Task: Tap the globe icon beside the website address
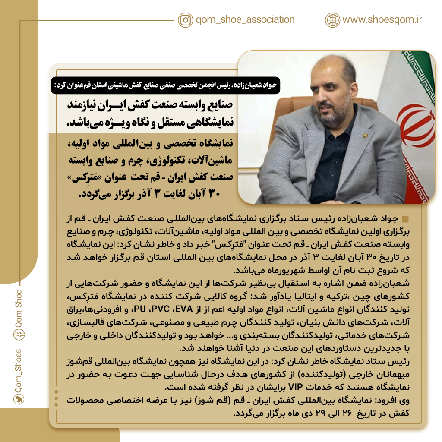coord(332,20)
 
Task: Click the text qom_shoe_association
coord(245,20)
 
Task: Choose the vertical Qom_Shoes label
coord(18,370)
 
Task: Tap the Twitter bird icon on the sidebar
coord(18,400)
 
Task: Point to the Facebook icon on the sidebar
coord(18,334)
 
